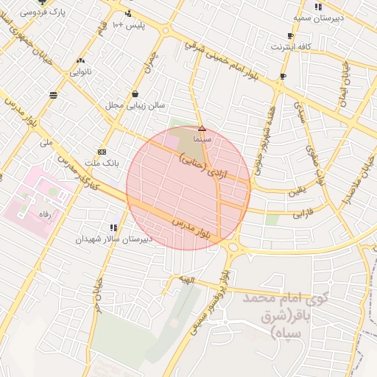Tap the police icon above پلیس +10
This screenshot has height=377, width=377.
click(129, 13)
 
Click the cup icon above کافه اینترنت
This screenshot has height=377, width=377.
click(290, 35)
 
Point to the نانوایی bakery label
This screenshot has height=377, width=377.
click(81, 72)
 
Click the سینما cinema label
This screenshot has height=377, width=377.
click(202, 138)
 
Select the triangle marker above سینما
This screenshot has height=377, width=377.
click(202, 128)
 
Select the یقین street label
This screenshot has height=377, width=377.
click(295, 191)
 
